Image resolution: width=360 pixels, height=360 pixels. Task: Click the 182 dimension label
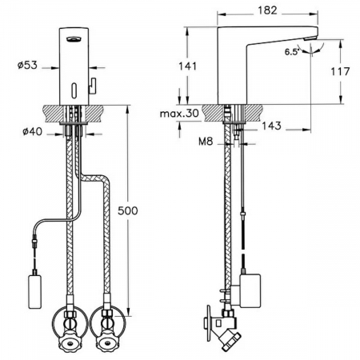point(267,10)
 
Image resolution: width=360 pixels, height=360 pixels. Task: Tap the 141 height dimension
point(187,66)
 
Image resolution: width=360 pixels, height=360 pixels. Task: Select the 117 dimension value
point(340,71)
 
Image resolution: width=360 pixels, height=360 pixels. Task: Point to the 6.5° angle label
point(291,52)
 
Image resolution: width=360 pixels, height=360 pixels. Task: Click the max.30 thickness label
point(179,114)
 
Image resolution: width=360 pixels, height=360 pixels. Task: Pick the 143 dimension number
point(271,126)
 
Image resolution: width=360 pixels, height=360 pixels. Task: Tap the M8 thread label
point(206,142)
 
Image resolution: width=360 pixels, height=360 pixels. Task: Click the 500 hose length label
point(128,210)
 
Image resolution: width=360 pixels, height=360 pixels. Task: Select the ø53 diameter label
point(27,66)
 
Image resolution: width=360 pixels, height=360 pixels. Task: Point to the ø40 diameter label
point(32,131)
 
